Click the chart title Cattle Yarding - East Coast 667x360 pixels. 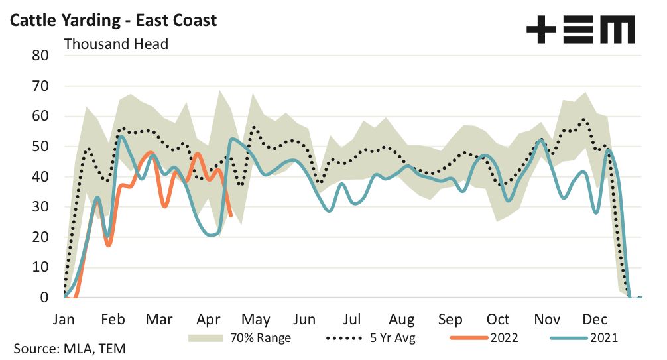[113, 20]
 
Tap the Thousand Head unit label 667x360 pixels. [116, 44]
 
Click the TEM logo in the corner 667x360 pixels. [581, 30]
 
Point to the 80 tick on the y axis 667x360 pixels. [40, 56]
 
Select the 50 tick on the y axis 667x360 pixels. [40, 147]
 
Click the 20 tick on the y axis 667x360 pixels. [40, 237]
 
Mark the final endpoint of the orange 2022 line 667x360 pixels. [230, 215]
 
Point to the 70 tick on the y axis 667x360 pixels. [40, 86]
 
